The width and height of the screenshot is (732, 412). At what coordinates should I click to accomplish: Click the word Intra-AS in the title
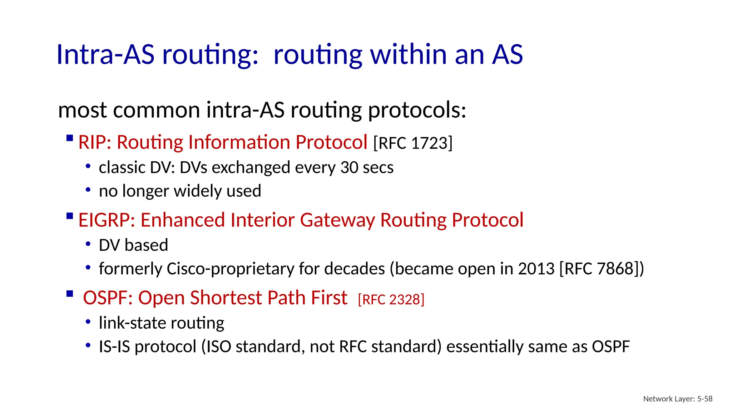pyautogui.click(x=105, y=54)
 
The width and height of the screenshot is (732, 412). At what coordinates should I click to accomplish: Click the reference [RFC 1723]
pyautogui.click(x=413, y=143)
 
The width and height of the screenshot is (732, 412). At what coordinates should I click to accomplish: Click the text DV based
pyautogui.click(x=133, y=245)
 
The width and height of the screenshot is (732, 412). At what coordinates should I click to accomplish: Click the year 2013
pyautogui.click(x=536, y=269)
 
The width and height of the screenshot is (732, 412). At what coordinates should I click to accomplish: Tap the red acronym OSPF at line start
pyautogui.click(x=105, y=298)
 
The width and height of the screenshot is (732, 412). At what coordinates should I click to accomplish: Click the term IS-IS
pyautogui.click(x=114, y=347)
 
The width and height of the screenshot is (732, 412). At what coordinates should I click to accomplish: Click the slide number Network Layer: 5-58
pyautogui.click(x=678, y=399)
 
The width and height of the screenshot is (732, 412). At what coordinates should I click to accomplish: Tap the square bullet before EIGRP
pyautogui.click(x=70, y=216)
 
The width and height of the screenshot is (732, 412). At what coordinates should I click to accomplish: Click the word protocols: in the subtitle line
pyautogui.click(x=417, y=110)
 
